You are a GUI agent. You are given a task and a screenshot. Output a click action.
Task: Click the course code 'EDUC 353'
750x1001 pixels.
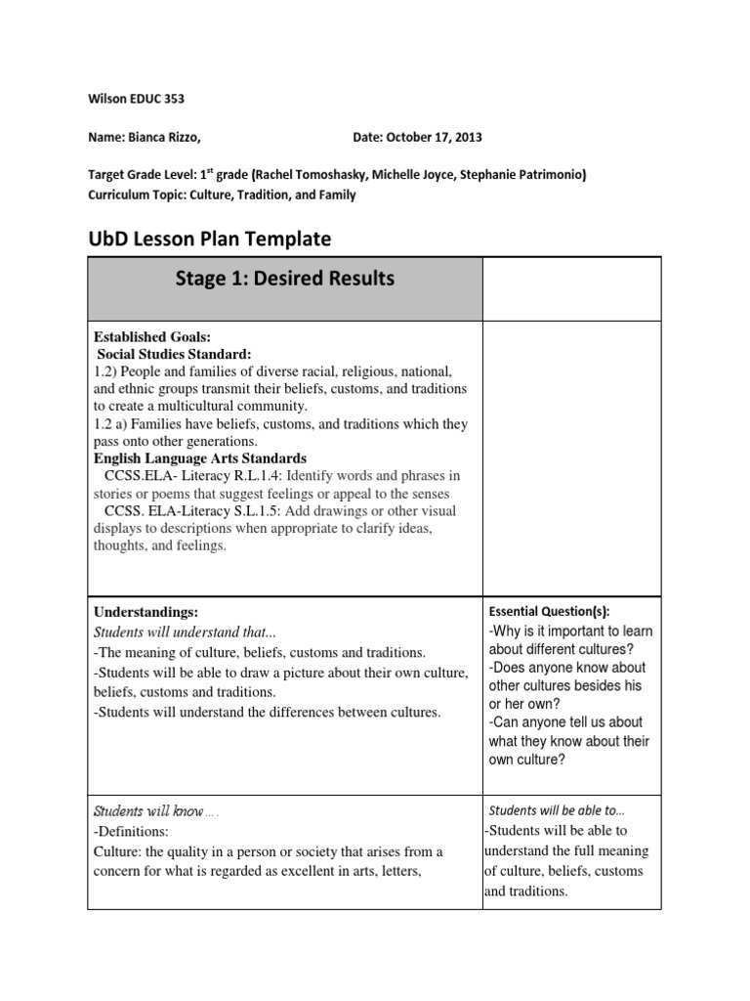[157, 98]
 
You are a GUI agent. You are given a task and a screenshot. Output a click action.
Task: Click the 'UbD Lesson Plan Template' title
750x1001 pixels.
[209, 239]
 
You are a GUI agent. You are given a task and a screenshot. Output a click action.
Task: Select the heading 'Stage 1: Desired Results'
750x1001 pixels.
[285, 279]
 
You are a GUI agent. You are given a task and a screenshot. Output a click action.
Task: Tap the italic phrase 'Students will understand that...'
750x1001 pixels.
[191, 631]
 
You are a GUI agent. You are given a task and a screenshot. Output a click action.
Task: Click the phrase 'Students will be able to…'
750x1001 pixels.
[557, 810]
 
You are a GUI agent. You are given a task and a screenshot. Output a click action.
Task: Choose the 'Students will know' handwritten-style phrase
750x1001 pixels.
[147, 811]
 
